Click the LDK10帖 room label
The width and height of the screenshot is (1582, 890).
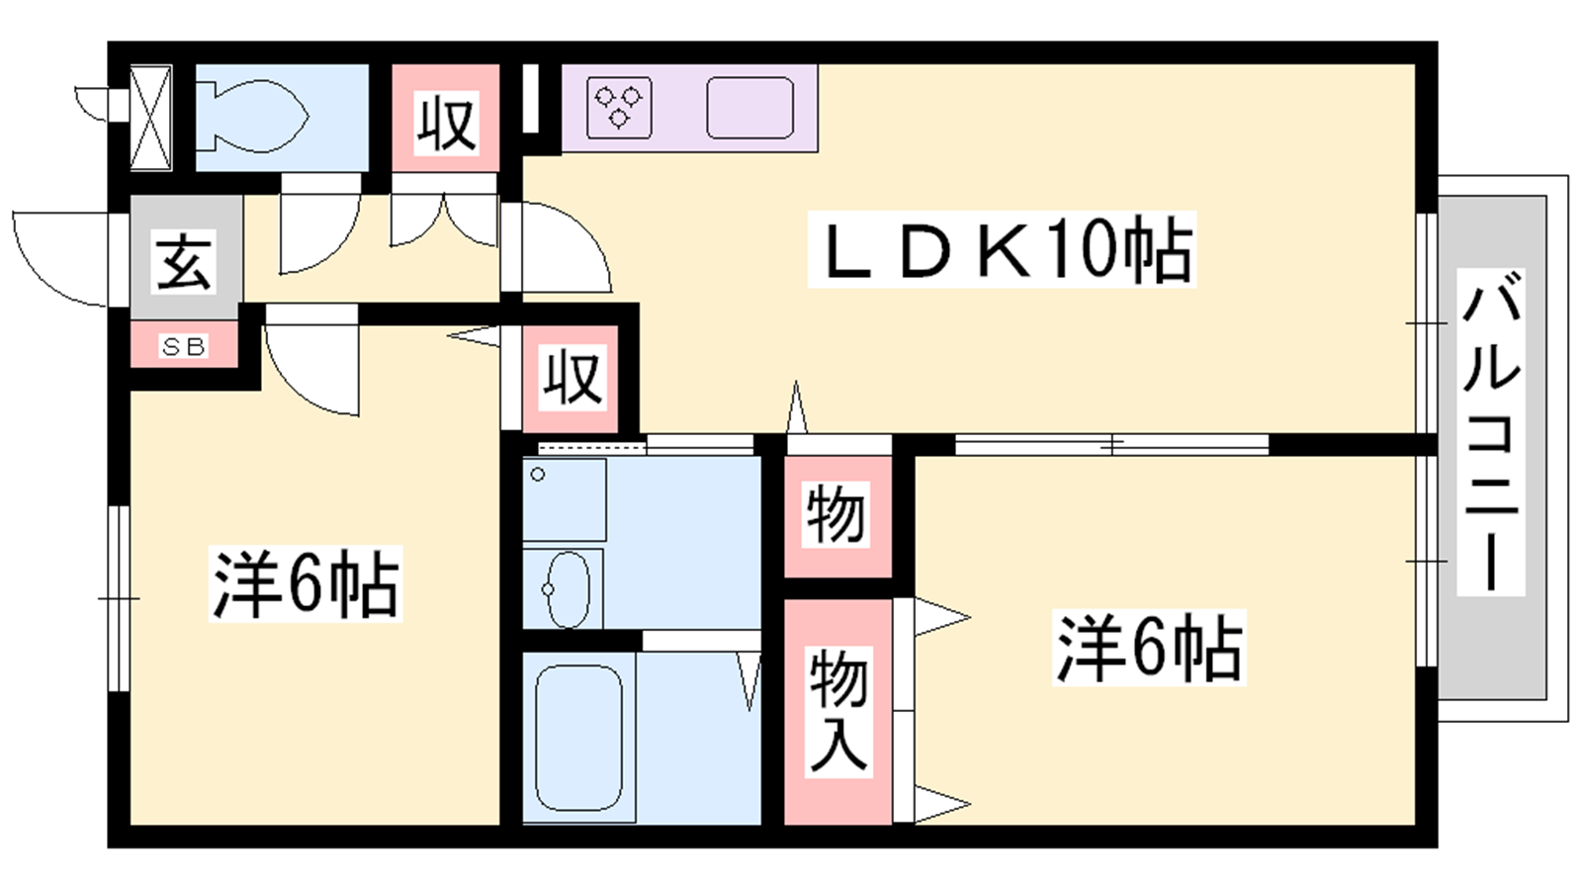(x=1002, y=249)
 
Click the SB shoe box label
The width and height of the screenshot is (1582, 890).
(x=184, y=346)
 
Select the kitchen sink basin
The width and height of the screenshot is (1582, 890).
(x=750, y=107)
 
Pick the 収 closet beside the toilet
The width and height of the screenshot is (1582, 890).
(x=446, y=122)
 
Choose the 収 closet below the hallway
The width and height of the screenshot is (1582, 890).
(x=571, y=377)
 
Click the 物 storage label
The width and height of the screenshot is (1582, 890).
(x=836, y=515)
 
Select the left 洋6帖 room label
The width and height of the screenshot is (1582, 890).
(x=306, y=583)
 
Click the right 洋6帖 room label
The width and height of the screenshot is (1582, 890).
(x=1148, y=648)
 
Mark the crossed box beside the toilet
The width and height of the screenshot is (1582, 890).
(x=151, y=118)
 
